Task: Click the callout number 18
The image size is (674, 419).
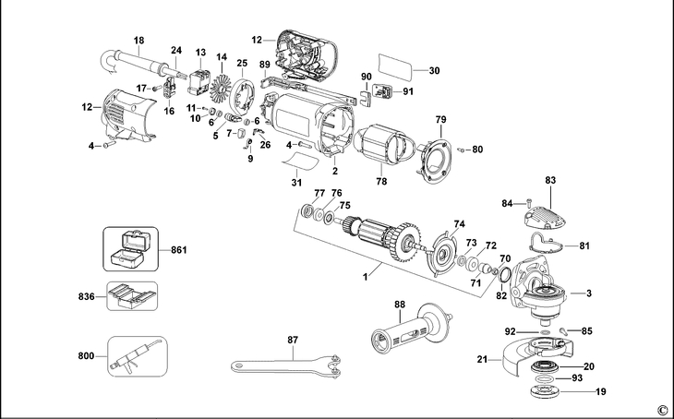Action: (x=139, y=41)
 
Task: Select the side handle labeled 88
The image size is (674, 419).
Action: (x=407, y=327)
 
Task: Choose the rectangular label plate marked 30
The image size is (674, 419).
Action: (x=399, y=69)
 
